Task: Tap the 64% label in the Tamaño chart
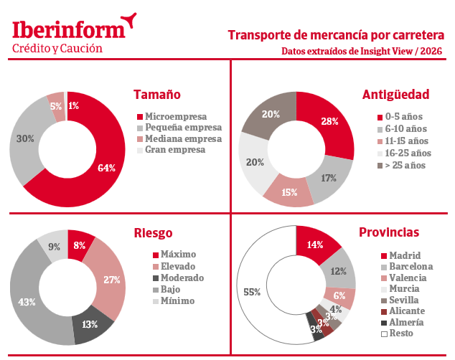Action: (x=106, y=168)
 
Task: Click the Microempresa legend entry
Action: (x=175, y=115)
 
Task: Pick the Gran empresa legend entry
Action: (x=174, y=150)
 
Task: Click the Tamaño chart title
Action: (x=157, y=95)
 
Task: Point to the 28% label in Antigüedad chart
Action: (x=330, y=121)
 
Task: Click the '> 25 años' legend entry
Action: (x=407, y=165)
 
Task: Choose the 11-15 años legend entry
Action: (x=407, y=141)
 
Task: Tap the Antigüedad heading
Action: (x=395, y=95)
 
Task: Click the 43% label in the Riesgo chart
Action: (x=27, y=302)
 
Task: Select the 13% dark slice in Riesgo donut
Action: (x=90, y=323)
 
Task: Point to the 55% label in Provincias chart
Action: (x=252, y=292)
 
